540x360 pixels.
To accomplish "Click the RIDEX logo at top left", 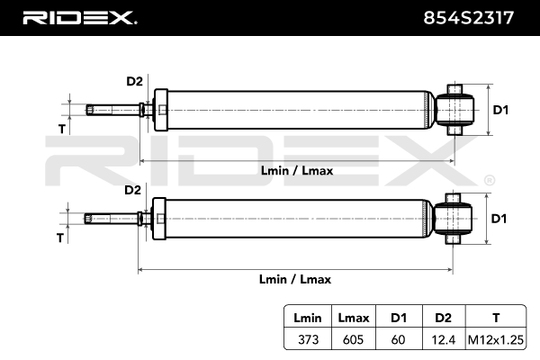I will point(78,18).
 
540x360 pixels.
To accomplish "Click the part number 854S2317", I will point(474,18).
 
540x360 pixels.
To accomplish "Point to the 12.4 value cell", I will point(443,340).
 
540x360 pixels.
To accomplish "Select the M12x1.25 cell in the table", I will point(497,340).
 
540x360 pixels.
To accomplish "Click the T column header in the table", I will point(497,319).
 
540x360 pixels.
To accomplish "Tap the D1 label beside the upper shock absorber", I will point(501,110).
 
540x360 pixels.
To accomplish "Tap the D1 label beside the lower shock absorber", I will point(501,219).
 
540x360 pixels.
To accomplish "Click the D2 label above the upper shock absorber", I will point(134,81).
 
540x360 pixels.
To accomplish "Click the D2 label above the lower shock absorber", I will point(132,190).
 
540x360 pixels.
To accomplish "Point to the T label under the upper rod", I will point(61,129).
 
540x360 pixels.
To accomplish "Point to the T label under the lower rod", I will point(60,238).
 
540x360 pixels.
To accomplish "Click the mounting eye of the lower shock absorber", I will point(453,219).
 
